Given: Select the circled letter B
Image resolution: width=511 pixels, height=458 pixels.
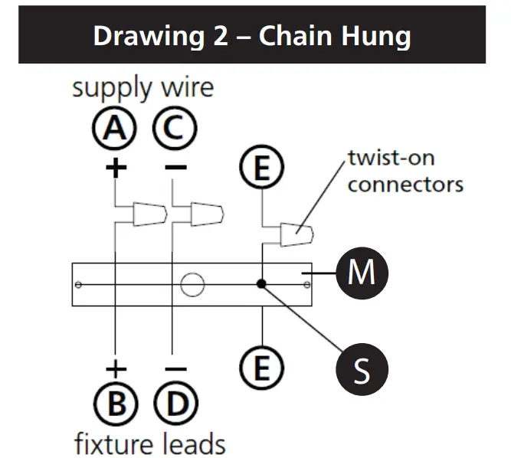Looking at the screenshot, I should (x=115, y=404).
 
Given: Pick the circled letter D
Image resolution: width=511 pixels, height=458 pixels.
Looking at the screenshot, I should (x=175, y=404).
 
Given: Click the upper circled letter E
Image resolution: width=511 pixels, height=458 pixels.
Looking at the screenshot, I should (x=262, y=169).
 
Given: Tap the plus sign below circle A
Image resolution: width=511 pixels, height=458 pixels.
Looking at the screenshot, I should (x=115, y=168).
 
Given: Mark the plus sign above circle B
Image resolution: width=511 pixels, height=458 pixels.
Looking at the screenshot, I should (x=115, y=369).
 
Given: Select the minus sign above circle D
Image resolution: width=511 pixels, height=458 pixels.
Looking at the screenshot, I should (x=175, y=369).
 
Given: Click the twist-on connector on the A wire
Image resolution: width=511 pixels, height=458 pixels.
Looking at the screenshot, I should (x=149, y=214).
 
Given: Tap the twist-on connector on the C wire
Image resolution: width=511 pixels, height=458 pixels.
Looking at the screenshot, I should (x=207, y=214).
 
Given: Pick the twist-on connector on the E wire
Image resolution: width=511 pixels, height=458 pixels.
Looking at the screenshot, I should (x=296, y=234).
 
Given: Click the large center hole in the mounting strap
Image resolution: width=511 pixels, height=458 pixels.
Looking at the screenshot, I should (x=192, y=285).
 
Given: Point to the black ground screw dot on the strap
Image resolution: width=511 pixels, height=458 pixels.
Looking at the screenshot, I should (x=262, y=284).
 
